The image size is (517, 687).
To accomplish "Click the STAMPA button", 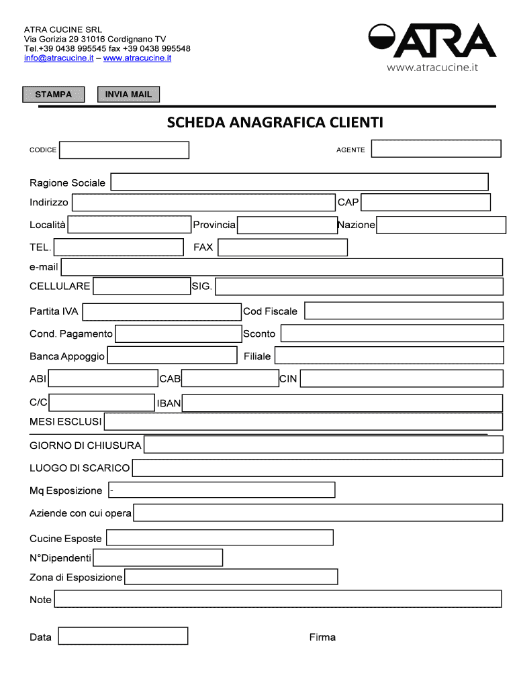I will tap(54, 95).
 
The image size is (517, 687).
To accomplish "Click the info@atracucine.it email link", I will tap(58, 58).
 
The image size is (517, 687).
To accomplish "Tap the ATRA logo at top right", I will tap(432, 42).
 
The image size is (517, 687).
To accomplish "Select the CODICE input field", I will tap(124, 150).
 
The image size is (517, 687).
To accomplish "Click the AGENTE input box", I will tap(436, 148).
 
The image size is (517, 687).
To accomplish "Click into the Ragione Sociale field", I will tap(299, 182).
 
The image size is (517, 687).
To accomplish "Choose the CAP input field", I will tap(426, 202).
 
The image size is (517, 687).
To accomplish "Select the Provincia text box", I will tap(287, 225).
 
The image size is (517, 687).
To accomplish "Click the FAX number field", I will tap(283, 248).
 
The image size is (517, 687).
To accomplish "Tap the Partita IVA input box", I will tap(161, 311).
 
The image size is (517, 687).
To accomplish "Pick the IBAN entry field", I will tap(342, 403).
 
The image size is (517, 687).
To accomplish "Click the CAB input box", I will tap(230, 379).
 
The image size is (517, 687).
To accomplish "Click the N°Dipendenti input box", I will tap(158, 558).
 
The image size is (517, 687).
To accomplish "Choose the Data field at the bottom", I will tap(123, 636).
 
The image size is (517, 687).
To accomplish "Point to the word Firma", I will tap(322, 637).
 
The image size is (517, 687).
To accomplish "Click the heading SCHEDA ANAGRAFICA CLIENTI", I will tap(275, 123).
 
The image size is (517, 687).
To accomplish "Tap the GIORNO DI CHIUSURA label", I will tap(85, 445).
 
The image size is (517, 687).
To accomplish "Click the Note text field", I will tap(277, 599).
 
